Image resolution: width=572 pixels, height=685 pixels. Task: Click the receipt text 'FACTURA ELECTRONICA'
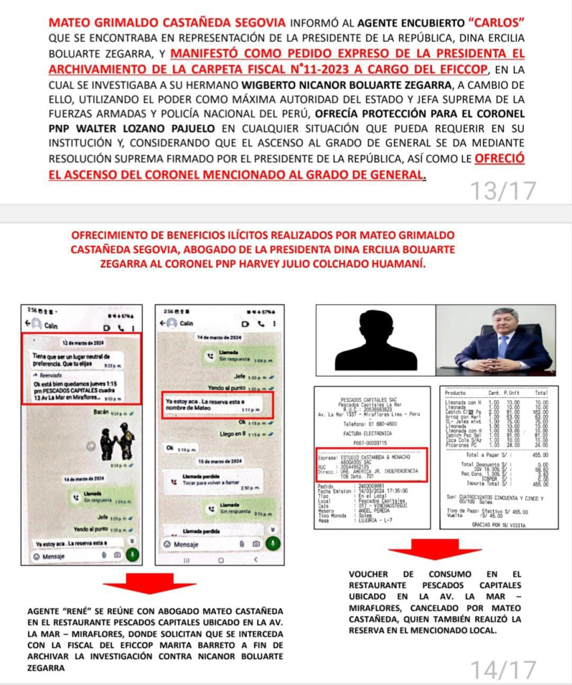click(x=371, y=433)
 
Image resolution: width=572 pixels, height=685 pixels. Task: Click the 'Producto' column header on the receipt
click(x=456, y=392)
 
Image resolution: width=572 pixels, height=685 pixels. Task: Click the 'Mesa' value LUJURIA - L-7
click(x=375, y=520)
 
